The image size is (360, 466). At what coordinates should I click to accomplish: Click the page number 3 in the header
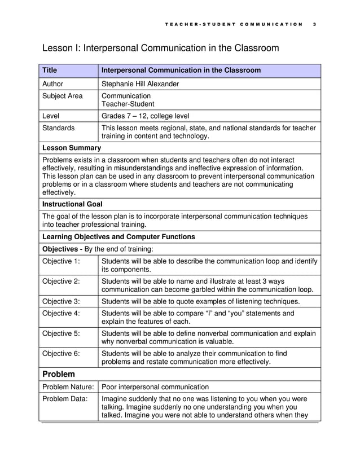313,24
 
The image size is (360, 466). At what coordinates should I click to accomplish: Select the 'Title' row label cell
50,71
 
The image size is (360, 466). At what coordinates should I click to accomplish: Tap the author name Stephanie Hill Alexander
140,84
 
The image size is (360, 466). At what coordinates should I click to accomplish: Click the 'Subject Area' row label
62,96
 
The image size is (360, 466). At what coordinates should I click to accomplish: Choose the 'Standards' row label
59,128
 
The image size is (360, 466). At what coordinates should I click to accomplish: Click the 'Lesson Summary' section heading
72,148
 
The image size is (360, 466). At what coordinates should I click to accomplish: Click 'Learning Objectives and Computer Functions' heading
118,236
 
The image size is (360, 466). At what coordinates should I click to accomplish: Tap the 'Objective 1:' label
62,261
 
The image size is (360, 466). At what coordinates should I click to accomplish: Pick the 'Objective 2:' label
62,281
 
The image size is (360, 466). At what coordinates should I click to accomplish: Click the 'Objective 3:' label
62,301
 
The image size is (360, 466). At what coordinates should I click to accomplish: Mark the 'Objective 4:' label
62,313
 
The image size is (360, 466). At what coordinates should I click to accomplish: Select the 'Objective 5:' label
62,333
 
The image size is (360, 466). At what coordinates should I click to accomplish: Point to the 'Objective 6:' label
62,354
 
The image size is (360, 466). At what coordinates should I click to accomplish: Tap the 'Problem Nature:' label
68,387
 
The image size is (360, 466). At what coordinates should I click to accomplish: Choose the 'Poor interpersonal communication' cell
155,387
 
